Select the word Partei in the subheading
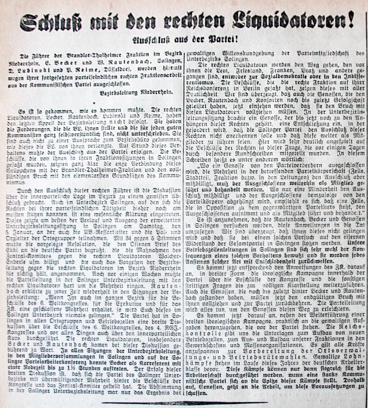click(x=221, y=39)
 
